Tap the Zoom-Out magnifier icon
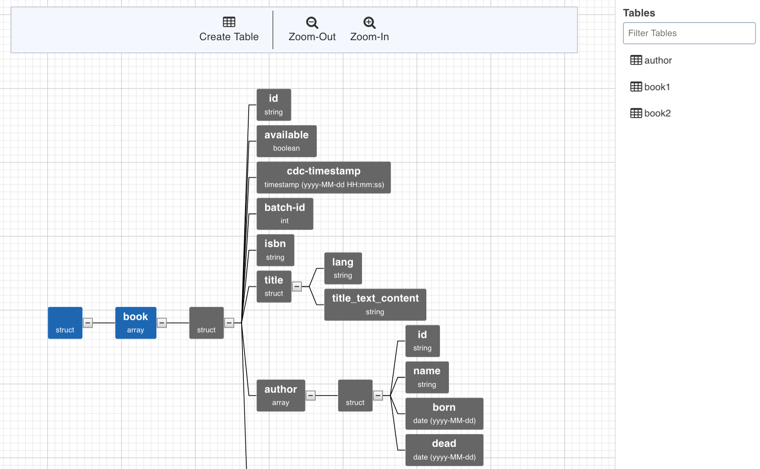tap(312, 23)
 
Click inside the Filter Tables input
tap(689, 33)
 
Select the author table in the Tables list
tap(651, 60)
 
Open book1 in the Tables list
tap(650, 87)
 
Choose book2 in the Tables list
tap(651, 113)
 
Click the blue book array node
tap(136, 323)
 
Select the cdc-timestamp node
tap(324, 178)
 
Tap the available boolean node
tap(286, 141)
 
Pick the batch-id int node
tap(285, 214)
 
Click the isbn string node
tap(275, 250)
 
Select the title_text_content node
tap(375, 305)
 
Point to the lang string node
tap(343, 268)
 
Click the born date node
tap(444, 414)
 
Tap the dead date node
tap(444, 450)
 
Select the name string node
tap(427, 377)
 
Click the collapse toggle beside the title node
tap(297, 287)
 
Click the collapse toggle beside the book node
tap(162, 323)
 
